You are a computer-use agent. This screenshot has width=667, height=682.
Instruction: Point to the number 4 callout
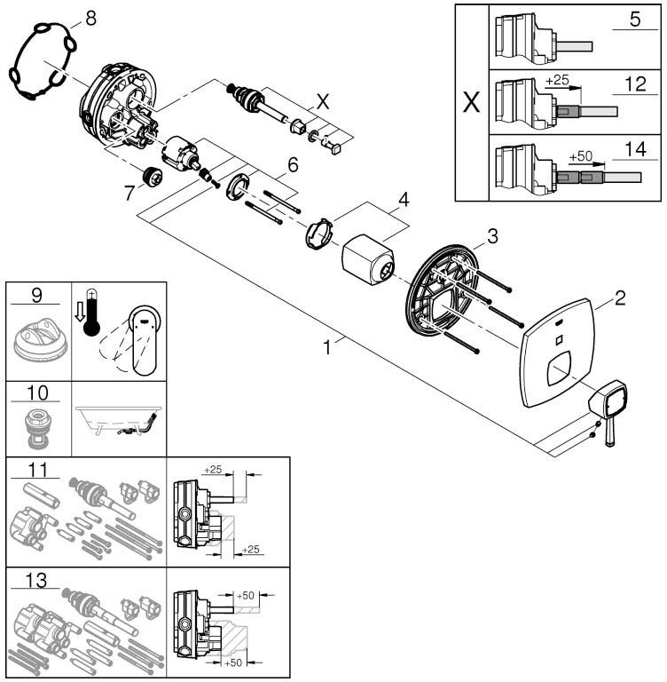404,200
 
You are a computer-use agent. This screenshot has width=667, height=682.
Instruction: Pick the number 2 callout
620,298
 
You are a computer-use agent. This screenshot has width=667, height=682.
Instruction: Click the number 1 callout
328,347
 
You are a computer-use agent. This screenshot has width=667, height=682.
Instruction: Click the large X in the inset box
472,101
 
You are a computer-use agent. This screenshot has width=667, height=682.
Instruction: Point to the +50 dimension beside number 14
581,156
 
